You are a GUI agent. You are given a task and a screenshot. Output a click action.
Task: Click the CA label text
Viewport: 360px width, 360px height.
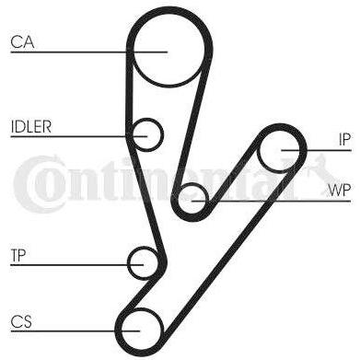22,42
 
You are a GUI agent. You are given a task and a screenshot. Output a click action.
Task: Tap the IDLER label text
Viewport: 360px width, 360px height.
31,126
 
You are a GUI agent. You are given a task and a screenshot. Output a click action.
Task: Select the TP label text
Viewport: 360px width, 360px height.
18,255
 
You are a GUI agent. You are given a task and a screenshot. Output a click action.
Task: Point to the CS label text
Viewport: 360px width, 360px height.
21,321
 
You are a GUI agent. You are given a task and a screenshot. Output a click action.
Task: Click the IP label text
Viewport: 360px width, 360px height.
344,140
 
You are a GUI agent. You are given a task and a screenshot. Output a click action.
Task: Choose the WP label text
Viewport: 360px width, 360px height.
339,191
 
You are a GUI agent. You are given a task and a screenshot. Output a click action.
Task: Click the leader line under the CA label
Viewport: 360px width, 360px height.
89,52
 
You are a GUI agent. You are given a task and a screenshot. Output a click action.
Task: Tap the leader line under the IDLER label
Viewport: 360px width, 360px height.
79,136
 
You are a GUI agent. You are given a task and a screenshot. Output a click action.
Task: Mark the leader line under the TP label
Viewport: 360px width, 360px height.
77,264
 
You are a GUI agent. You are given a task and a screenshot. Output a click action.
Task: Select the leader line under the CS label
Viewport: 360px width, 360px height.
75,331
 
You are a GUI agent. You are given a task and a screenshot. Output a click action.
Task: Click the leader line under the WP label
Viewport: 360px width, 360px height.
272,202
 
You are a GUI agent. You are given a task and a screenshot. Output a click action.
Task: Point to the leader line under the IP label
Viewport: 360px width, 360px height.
316,150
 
